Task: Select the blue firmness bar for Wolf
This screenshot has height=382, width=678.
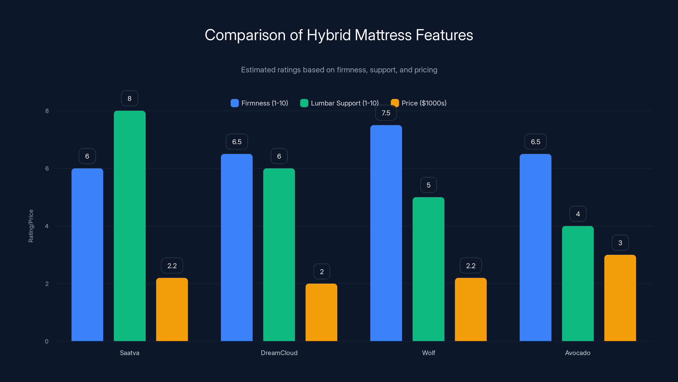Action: [x=386, y=233]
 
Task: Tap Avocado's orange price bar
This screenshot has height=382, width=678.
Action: [x=620, y=298]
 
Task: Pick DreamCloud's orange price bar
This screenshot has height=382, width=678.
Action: [x=321, y=312]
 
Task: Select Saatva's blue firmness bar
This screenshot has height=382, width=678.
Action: [x=87, y=255]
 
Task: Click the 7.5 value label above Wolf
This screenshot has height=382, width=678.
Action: [x=386, y=113]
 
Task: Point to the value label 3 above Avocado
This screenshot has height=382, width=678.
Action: [x=620, y=243]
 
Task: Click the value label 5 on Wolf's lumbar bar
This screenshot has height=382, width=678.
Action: [x=428, y=185]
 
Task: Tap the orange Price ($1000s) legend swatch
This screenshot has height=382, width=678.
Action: [x=395, y=103]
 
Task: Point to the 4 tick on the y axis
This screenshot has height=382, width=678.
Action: [x=47, y=226]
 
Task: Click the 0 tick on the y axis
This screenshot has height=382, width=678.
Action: [x=47, y=341]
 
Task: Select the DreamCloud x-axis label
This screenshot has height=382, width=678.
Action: [x=279, y=353]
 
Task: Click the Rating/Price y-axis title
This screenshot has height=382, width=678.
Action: [x=31, y=226]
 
